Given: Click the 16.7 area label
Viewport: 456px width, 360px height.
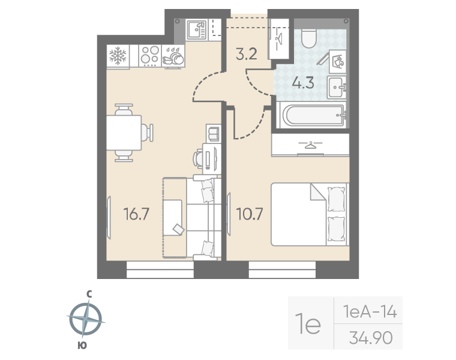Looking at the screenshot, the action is [x=136, y=214].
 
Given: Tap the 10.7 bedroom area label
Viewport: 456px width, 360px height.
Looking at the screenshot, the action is [x=250, y=214].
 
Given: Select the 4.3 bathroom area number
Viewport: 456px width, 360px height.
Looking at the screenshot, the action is [x=303, y=83].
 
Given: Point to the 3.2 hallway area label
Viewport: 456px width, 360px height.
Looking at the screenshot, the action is [x=247, y=54].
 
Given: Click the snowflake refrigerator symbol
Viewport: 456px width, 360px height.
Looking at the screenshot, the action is [x=118, y=56].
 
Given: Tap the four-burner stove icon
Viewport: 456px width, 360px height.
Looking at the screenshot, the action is [x=150, y=55].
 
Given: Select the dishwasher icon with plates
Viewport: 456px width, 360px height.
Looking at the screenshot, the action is [x=173, y=56].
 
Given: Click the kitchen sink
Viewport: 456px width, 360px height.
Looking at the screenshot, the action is [x=196, y=29].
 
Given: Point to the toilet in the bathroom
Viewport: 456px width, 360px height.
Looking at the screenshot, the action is [x=308, y=38].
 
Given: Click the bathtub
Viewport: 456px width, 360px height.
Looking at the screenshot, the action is [x=313, y=115].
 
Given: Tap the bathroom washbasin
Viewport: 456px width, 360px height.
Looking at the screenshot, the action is [x=337, y=87].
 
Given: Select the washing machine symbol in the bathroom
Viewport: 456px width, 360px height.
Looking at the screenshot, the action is [x=338, y=61].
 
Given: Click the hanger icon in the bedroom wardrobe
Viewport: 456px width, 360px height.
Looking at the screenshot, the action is [x=310, y=145].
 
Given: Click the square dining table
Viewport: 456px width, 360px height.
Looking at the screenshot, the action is [x=124, y=133].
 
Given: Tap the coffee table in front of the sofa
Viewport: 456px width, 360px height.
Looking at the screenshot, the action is [x=173, y=217].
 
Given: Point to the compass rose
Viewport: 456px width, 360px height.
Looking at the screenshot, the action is [x=86, y=319].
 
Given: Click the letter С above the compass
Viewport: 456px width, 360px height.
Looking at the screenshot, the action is [x=89, y=295].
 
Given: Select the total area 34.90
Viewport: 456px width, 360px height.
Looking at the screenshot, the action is [x=371, y=338].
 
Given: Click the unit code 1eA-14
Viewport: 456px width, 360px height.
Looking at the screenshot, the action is [x=370, y=312].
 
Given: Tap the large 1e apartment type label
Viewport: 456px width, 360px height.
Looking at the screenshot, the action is [x=308, y=323].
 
